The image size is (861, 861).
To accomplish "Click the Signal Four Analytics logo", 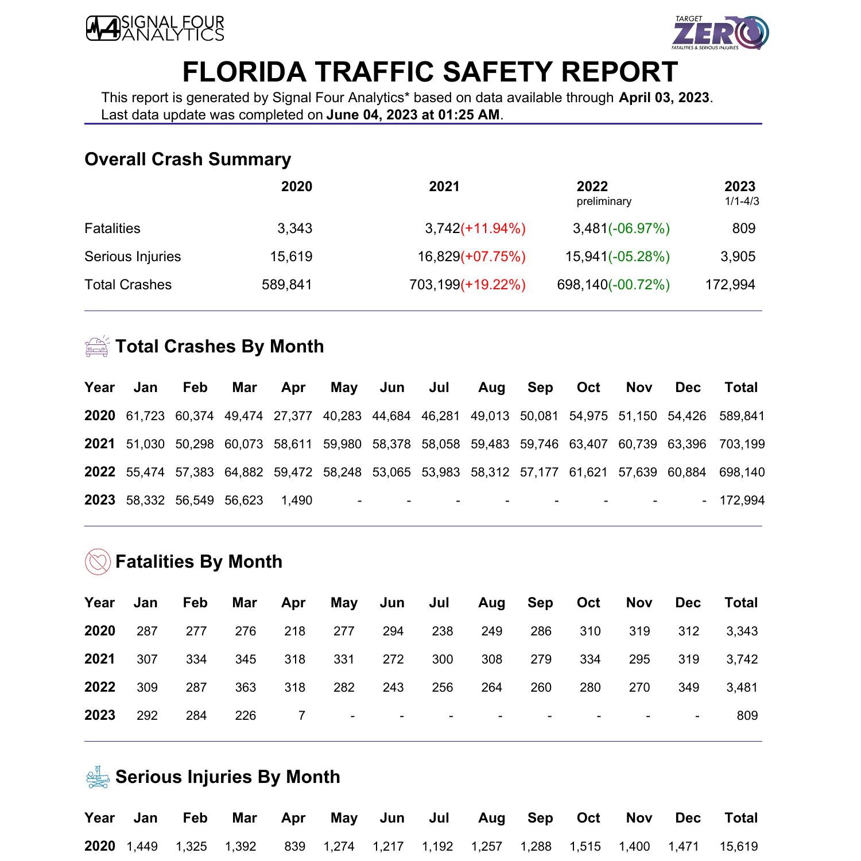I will point(155,29).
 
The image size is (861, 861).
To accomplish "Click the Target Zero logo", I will point(721,33).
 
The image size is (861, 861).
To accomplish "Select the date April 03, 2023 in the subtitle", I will point(664,98).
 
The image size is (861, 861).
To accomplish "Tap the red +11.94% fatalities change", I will point(493,228).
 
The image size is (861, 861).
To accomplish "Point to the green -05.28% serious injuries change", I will point(639,257).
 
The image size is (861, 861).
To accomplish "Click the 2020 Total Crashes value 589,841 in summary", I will point(287,285).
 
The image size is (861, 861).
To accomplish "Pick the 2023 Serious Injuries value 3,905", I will point(738,257).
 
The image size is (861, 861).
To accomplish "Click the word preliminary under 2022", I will point(604,201).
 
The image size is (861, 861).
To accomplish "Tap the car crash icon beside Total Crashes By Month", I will point(97,347).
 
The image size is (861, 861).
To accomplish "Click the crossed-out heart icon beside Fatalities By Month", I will point(98,562).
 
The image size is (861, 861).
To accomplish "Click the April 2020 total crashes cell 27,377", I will point(293,416).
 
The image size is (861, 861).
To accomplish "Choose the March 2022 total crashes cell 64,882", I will point(244,472).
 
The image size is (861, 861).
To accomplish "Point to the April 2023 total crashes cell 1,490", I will point(297,501).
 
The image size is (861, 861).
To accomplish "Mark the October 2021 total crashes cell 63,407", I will point(588,444).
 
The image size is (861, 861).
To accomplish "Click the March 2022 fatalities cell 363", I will point(245,688).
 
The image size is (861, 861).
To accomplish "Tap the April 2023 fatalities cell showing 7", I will point(301,716).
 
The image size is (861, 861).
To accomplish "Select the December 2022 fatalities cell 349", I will point(688,688).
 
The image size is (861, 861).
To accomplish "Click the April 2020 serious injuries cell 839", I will point(294,847).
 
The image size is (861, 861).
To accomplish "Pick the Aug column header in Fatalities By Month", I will point(491,603).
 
